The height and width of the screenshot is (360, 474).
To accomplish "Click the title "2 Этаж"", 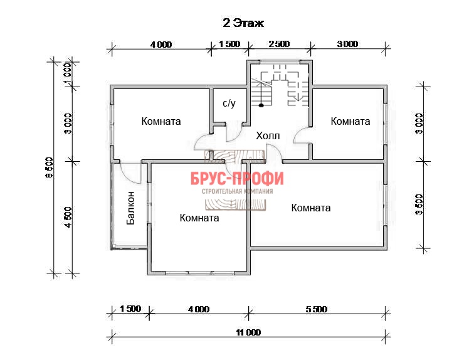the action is click(243, 23).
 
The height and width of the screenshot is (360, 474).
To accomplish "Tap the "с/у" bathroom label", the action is click(229, 103).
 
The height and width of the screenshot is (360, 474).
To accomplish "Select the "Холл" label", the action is click(268, 135).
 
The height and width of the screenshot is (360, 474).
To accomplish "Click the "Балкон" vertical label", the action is click(130, 208).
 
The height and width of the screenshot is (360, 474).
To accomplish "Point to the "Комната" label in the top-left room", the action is click(161, 121).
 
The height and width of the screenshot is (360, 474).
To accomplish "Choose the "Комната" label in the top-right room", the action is click(350, 121).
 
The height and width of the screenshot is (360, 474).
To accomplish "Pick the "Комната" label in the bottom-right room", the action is click(311, 208).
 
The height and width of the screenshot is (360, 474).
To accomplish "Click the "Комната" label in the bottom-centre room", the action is click(199, 218).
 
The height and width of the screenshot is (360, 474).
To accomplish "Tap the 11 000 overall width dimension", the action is click(248, 332).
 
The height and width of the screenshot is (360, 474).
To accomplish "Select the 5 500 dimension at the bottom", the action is click(317, 309).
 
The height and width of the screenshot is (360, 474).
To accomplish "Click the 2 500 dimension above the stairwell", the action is click(280, 44).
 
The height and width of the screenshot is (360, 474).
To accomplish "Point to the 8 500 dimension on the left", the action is click(49, 167).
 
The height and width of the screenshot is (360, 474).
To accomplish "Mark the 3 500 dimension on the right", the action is click(419, 204).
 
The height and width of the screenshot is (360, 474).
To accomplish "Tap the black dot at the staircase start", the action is click(261, 105).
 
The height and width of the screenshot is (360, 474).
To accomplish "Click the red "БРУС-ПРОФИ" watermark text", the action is click(237, 178).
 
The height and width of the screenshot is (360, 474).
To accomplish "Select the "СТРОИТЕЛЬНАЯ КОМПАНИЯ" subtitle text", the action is click(237, 191).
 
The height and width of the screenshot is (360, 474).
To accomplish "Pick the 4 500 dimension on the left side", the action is click(68, 217).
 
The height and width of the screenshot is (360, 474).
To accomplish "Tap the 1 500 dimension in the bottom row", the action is click(130, 309).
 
